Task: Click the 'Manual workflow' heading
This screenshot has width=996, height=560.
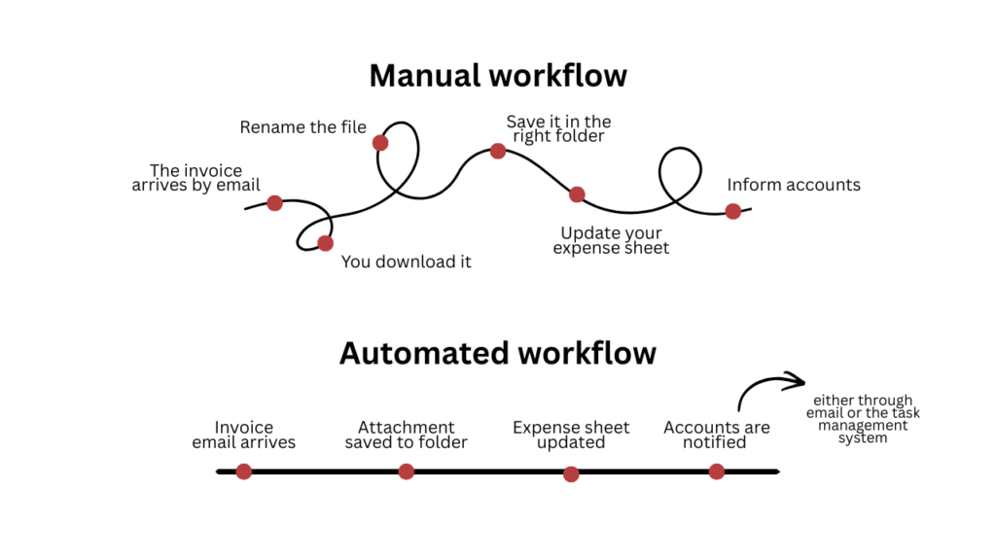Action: point(497,76)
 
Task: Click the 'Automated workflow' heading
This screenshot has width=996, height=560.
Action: point(497,352)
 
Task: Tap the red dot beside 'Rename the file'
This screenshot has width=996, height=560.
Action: point(380,143)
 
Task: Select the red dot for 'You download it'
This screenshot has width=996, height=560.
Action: point(325,243)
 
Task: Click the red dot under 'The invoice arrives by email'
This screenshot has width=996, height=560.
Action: point(274,203)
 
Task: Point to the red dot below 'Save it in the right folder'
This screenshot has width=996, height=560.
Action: point(497,151)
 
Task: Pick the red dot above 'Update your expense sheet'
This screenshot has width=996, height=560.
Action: point(577,194)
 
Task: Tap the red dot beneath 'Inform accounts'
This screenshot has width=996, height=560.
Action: point(732,211)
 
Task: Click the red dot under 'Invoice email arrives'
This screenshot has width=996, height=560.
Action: point(244,472)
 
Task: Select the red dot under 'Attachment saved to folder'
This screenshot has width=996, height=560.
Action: point(407,472)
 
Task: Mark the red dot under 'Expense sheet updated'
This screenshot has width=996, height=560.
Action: point(571,474)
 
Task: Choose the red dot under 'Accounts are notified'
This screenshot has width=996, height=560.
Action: point(717,472)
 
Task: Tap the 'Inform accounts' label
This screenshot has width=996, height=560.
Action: point(794,185)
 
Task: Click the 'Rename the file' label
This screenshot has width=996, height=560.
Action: point(302,127)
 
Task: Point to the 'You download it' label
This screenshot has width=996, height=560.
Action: point(406,262)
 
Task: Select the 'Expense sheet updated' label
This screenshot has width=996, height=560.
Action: point(571,436)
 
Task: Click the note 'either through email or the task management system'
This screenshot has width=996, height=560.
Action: point(864,419)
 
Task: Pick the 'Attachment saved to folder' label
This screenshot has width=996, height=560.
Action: point(406,436)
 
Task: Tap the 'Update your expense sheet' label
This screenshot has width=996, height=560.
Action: point(611,241)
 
